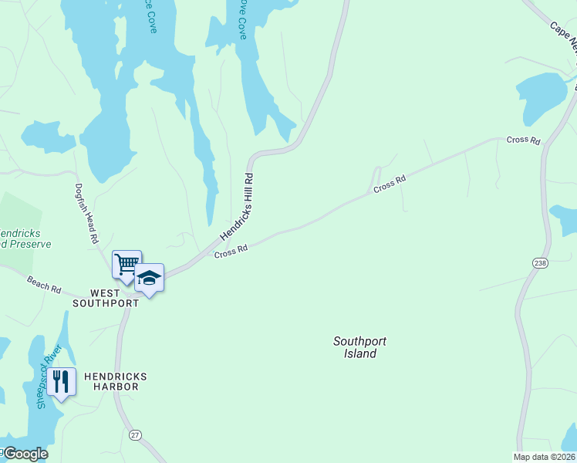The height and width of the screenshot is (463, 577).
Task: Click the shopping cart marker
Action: pos(127,264)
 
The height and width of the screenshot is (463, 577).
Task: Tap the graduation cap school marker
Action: pos(149,278)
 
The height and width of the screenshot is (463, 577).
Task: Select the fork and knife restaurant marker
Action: pos(61,380)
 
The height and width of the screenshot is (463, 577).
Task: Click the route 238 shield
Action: pos(539,263)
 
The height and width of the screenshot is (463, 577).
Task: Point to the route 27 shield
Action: pos(136,434)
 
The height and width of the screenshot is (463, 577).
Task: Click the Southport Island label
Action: pos(359,347)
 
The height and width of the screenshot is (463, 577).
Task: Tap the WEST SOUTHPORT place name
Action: pos(105,298)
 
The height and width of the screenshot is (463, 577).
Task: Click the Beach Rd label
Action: pos(44,284)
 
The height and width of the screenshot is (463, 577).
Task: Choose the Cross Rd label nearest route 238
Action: pos(525,140)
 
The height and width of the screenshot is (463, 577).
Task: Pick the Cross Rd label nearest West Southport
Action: pos(231,251)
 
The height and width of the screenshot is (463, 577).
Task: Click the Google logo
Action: pos(25,454)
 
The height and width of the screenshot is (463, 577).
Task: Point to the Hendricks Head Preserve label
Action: pos(23,238)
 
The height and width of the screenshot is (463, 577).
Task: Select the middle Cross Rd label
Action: pos(390,184)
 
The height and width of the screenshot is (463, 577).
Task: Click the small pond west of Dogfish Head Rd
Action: pos(48,137)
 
